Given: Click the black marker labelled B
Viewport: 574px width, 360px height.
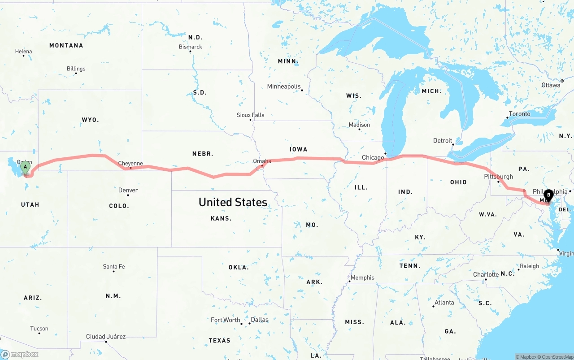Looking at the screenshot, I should pyautogui.click(x=548, y=196).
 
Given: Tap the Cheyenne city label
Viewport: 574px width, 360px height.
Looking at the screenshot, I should pyautogui.click(x=130, y=164).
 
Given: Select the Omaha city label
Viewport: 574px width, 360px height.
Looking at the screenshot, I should pyautogui.click(x=262, y=161).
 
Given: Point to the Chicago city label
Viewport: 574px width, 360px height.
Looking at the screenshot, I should pyautogui.click(x=373, y=157).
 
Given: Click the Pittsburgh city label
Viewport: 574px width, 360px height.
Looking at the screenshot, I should pyautogui.click(x=498, y=177).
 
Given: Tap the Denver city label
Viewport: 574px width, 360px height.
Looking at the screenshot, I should pyautogui.click(x=128, y=190).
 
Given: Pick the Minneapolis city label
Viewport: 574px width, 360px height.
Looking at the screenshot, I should pyautogui.click(x=283, y=86).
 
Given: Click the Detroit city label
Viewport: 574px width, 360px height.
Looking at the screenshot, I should pyautogui.click(x=443, y=141).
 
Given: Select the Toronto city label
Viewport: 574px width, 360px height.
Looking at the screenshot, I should pyautogui.click(x=519, y=114).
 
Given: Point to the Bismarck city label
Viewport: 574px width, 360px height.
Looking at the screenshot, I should pyautogui.click(x=191, y=47).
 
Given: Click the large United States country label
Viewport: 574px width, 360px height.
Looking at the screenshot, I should pyautogui.click(x=233, y=202).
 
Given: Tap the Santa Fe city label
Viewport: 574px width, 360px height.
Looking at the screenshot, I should pyautogui.click(x=114, y=266).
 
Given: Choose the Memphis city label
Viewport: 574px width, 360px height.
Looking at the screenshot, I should pyautogui.click(x=362, y=278).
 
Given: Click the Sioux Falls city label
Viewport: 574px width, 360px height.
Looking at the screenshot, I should pyautogui.click(x=250, y=115).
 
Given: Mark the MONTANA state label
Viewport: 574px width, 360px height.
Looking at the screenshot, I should pyautogui.click(x=66, y=45).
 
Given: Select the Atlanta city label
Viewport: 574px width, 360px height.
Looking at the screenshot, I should pyautogui.click(x=444, y=303).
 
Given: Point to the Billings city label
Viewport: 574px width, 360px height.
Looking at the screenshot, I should pyautogui.click(x=76, y=69).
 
